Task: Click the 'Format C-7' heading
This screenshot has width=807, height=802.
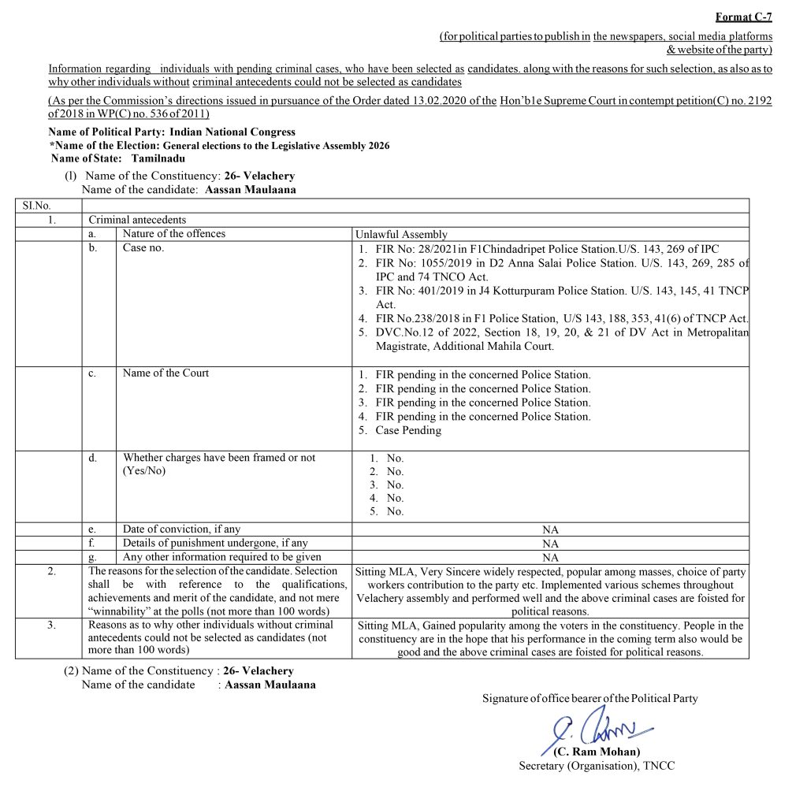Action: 743,17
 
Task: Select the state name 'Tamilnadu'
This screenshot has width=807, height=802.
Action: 158,158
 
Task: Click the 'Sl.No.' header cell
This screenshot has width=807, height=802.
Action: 35,206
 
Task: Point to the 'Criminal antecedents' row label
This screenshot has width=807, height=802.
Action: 137,220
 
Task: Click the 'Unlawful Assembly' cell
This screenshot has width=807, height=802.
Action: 401,234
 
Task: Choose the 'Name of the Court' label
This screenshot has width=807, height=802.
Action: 165,373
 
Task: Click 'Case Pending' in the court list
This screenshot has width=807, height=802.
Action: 407,431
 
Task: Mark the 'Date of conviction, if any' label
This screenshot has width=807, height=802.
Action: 181,529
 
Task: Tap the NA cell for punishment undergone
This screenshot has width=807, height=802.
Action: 550,544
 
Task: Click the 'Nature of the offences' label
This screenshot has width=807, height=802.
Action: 173,234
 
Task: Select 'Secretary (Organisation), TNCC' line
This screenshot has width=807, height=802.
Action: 596,766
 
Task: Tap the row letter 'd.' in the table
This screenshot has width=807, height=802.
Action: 93,458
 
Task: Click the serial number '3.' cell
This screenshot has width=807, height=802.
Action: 50,625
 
